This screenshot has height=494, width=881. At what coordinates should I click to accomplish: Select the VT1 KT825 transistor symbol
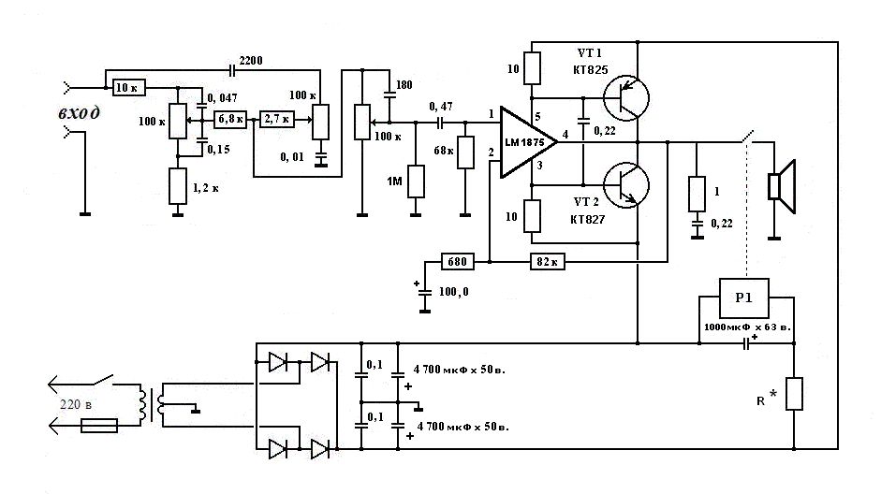(x=625, y=97)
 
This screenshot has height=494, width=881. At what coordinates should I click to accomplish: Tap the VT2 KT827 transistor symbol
(x=625, y=185)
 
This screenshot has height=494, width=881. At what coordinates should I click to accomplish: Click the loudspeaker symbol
(x=782, y=187)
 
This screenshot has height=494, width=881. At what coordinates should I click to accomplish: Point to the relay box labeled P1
(x=744, y=298)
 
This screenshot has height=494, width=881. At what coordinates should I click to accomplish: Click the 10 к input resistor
(x=128, y=88)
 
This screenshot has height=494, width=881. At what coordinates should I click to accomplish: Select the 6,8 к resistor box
(x=230, y=120)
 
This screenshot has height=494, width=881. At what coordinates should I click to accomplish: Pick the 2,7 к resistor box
(x=277, y=119)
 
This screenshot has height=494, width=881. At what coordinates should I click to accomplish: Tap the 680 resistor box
(x=458, y=262)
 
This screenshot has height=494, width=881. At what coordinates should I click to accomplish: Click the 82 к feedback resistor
(x=548, y=262)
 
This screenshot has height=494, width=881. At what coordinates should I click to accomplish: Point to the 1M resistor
(x=416, y=182)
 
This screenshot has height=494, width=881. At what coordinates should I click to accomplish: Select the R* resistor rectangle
(x=794, y=394)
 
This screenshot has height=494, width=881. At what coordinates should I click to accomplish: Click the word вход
(x=80, y=113)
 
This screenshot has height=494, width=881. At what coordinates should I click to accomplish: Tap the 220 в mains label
(x=76, y=404)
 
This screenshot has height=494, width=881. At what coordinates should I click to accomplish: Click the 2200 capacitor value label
(x=251, y=60)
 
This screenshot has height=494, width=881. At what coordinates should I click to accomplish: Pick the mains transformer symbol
(x=151, y=405)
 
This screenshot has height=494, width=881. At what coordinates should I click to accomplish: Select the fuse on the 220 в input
(x=99, y=426)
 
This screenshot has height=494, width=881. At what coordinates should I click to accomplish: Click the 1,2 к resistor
(x=178, y=186)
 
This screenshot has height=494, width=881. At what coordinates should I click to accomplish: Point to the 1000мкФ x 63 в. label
(x=747, y=327)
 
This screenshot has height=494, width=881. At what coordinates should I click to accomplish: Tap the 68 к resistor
(x=465, y=153)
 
